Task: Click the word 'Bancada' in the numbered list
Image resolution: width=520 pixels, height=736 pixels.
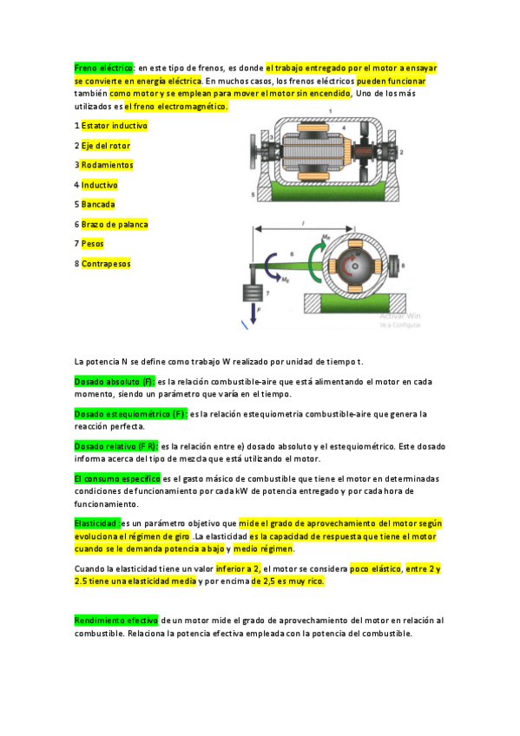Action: click(x=98, y=205)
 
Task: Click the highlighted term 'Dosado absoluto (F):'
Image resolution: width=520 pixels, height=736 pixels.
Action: click(x=115, y=381)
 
